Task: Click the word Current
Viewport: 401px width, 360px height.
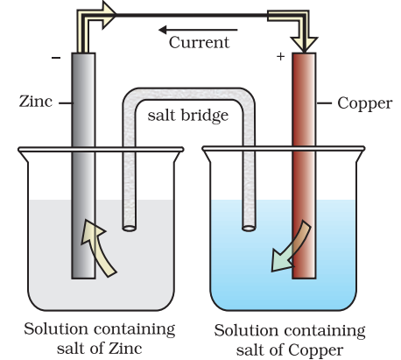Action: point(199,42)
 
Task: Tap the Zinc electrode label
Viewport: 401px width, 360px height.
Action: point(36,102)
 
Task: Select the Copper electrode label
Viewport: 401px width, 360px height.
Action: point(365,104)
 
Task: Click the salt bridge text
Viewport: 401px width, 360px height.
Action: point(187,116)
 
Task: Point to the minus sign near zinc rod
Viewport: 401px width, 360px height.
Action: point(56,58)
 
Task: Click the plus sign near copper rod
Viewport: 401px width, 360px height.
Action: point(280,56)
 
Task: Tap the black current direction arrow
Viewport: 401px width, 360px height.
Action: point(198,30)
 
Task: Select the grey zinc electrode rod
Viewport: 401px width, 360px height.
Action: point(83,166)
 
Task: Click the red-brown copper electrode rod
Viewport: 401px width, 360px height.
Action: point(304,166)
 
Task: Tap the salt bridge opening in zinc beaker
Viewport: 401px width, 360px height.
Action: point(130,228)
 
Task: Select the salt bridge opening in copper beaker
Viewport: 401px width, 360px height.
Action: point(249,228)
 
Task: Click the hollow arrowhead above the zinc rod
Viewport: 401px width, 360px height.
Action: point(109,15)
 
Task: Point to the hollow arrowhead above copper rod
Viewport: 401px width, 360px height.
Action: point(304,45)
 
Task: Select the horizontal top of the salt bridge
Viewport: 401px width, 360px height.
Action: point(189,95)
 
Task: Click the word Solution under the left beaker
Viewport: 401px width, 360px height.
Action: point(56,329)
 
